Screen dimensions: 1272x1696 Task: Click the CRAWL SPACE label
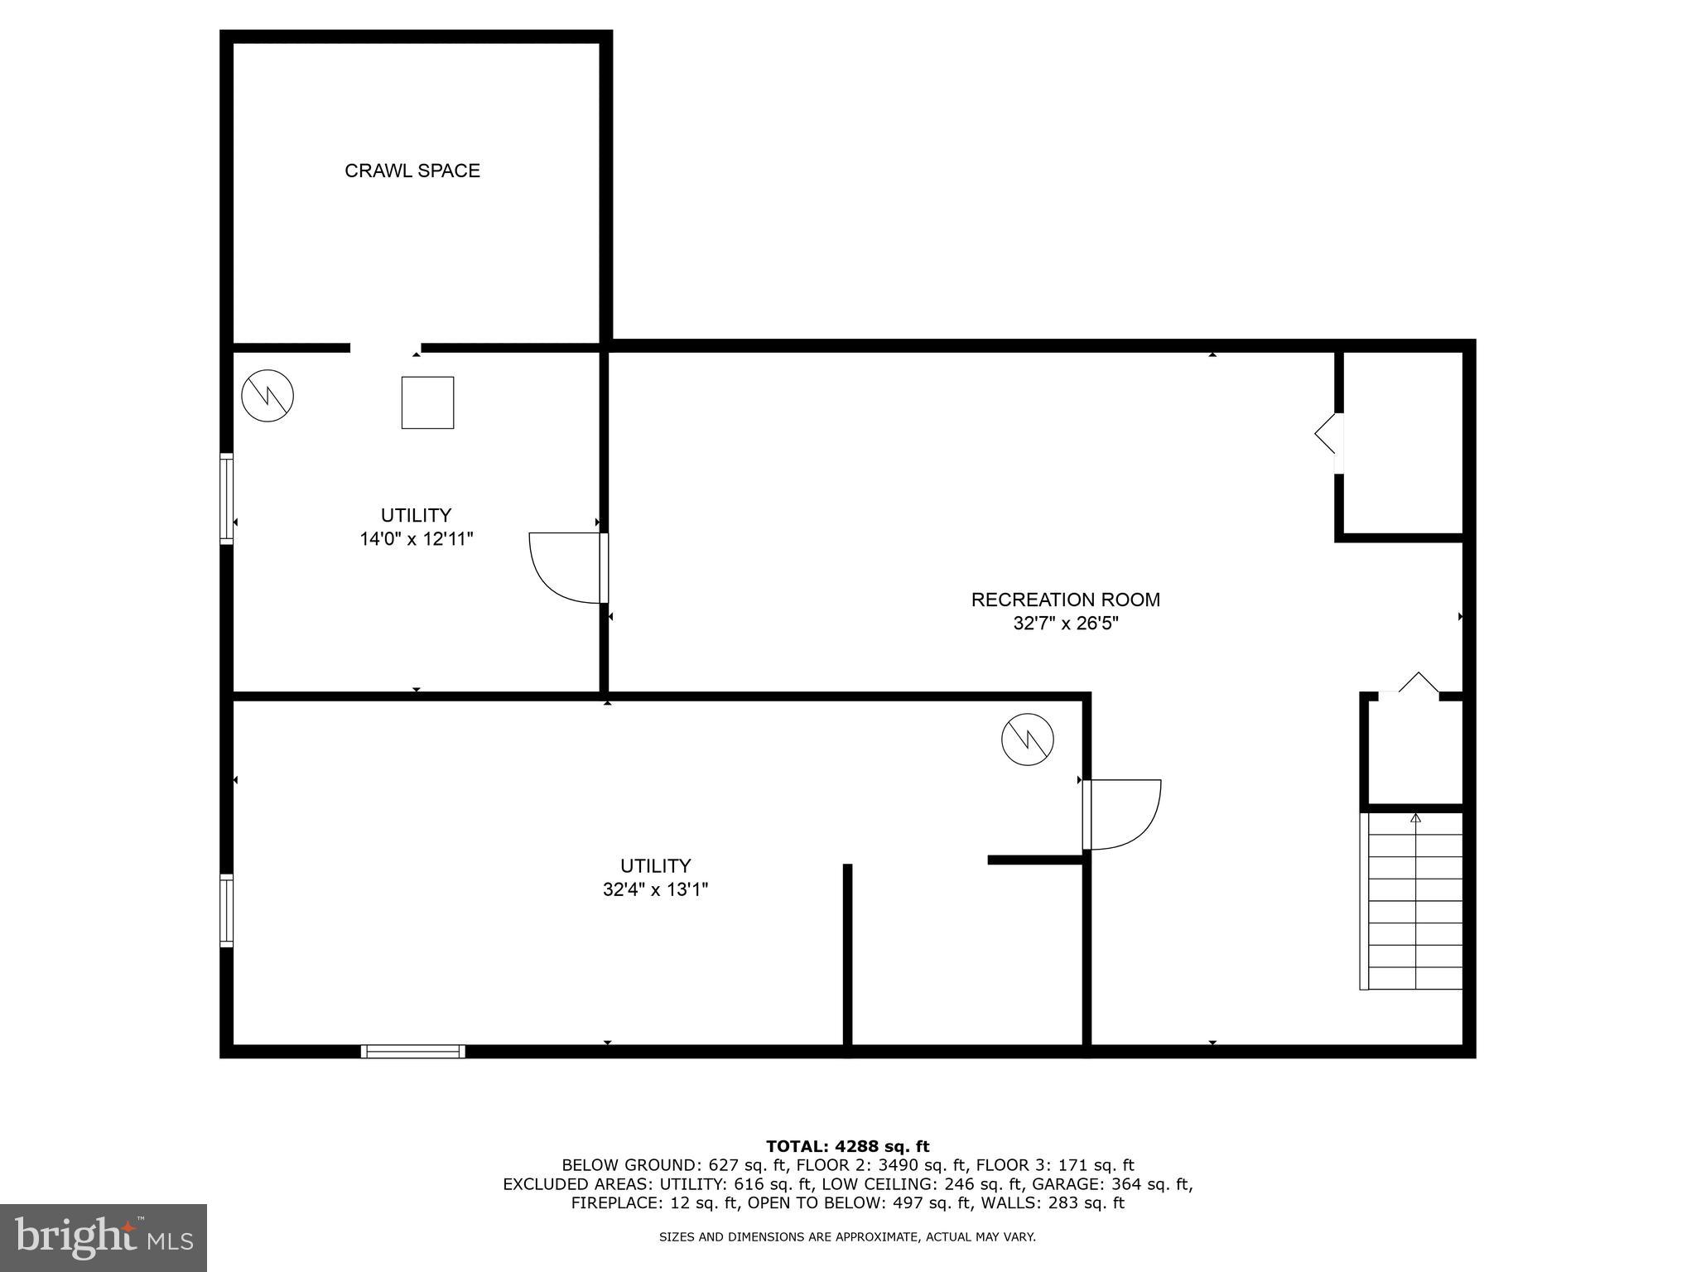pos(412,171)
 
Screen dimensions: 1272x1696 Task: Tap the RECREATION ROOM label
pos(1065,600)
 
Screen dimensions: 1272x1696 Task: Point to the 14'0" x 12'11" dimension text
pos(416,539)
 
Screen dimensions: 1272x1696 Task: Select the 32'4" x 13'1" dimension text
pos(655,889)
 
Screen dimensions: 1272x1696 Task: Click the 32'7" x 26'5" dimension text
pos(1065,623)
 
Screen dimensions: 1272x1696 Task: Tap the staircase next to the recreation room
pos(1414,901)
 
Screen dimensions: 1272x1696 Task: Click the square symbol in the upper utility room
pos(427,402)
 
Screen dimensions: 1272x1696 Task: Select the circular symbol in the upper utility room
pos(267,395)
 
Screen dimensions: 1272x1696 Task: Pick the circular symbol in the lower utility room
pos(1027,739)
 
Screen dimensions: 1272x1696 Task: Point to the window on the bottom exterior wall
pos(412,1051)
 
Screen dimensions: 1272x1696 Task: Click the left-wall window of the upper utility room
pos(226,499)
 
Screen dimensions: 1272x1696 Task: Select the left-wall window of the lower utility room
pos(226,910)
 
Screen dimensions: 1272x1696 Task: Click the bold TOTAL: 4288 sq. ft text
pos(847,1146)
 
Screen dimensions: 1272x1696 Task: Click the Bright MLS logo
pos(104,1237)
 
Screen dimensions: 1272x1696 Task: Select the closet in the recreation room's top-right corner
pos(1402,444)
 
